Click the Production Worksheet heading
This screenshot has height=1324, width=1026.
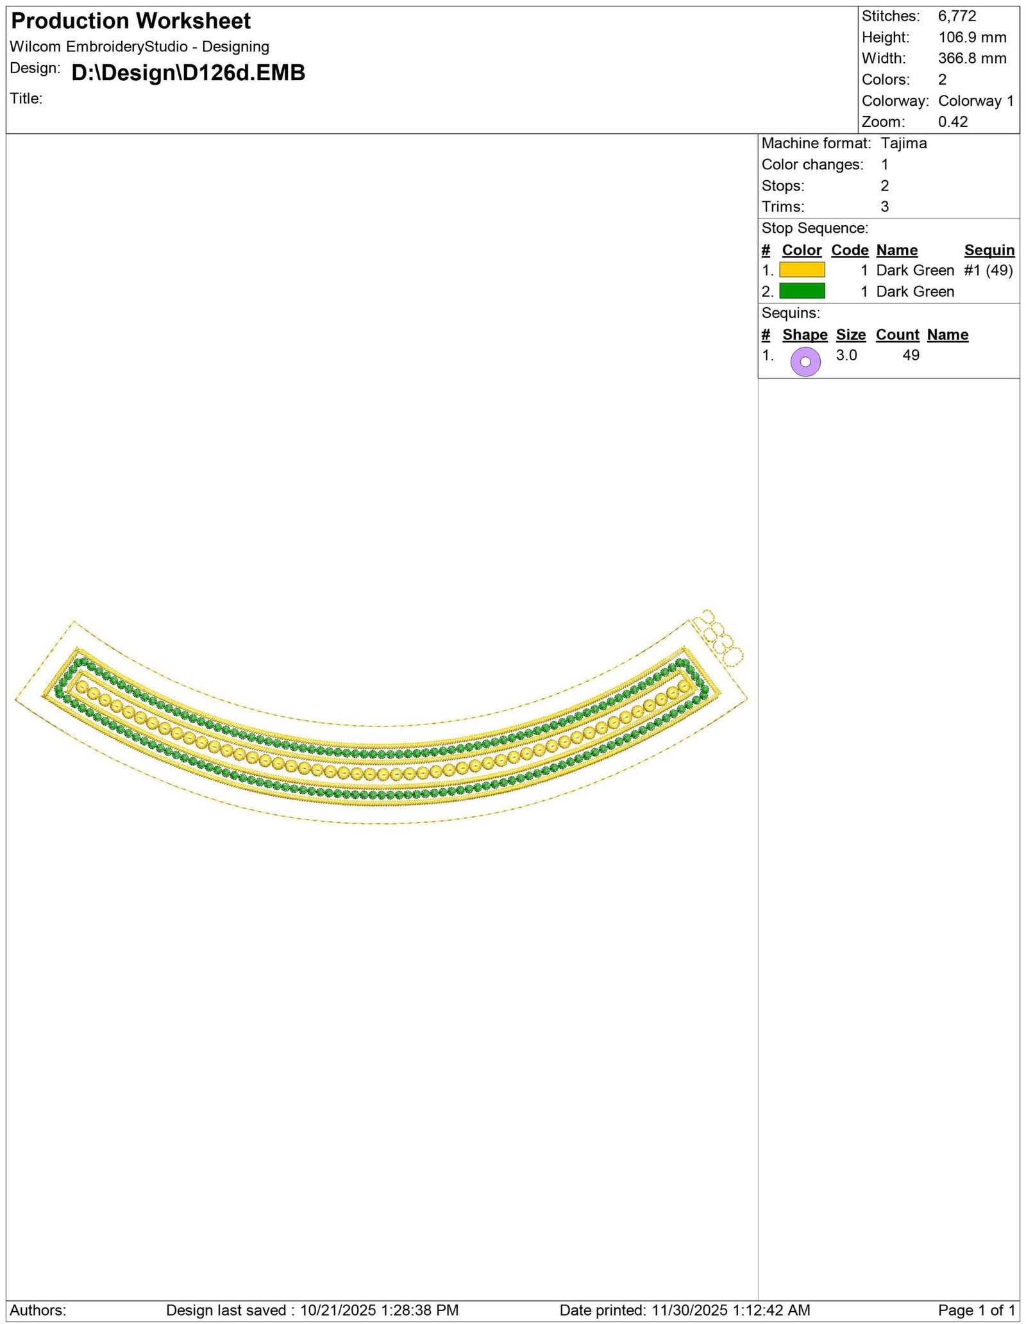coord(131,21)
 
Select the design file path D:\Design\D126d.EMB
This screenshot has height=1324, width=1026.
coord(188,73)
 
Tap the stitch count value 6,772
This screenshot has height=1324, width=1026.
coord(957,16)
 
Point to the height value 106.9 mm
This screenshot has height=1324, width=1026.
coord(972,37)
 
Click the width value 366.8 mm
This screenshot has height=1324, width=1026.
coord(972,58)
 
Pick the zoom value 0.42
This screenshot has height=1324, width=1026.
coord(953,122)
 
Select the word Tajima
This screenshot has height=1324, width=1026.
coord(904,143)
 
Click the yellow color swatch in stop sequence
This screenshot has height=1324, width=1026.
coord(802,270)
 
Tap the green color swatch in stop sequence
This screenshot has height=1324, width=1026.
coord(802,291)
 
